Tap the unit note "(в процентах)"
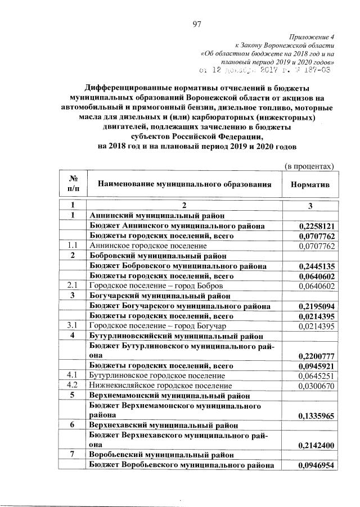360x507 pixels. coord(309,166)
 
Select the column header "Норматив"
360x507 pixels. coord(310,184)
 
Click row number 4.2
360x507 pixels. coord(72,386)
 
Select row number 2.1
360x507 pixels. coord(72,286)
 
